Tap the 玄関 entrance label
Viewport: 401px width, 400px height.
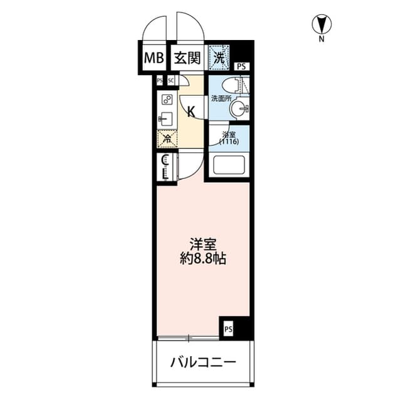click(x=186, y=59)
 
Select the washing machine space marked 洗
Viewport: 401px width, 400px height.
click(x=219, y=58)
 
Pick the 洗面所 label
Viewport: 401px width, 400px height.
click(x=220, y=98)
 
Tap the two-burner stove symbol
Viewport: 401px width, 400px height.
click(x=166, y=99)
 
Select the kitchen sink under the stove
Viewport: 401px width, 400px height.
click(x=166, y=117)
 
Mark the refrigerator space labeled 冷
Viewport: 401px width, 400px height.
click(x=167, y=139)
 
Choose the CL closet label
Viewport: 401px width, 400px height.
click(x=165, y=167)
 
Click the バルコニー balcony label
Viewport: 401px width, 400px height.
click(x=202, y=362)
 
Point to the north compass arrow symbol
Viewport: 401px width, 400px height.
click(x=321, y=25)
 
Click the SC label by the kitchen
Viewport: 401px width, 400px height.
click(x=170, y=80)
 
